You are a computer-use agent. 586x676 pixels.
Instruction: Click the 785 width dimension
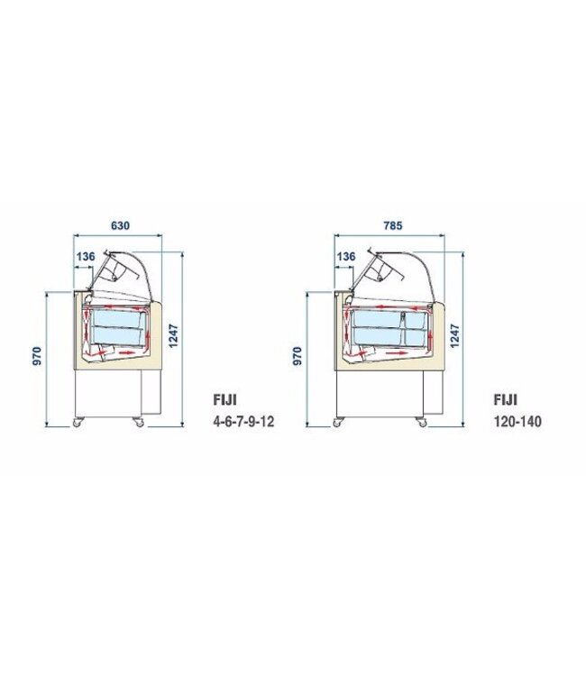click(391, 225)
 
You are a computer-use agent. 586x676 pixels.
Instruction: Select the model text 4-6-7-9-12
click(240, 420)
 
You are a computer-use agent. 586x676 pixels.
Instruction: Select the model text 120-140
click(518, 420)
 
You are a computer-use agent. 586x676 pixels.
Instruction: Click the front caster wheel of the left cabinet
click(77, 422)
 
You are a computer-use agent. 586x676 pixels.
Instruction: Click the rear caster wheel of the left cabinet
click(139, 422)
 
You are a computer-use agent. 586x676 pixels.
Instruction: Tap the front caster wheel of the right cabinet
click(340, 422)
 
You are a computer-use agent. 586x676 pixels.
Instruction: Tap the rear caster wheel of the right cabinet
click(420, 422)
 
